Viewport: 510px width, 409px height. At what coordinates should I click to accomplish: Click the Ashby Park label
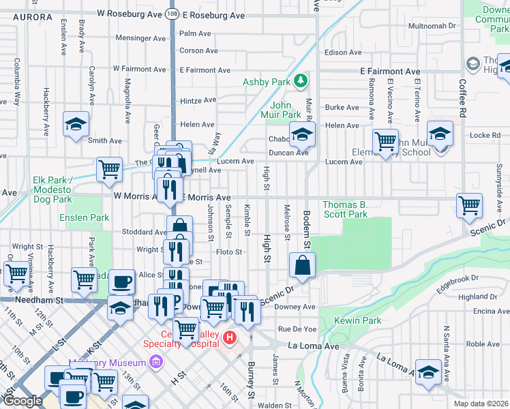[x=266, y=82]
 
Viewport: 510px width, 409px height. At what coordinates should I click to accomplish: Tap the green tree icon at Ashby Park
[x=301, y=82]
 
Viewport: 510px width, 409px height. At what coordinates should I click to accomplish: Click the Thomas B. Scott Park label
[x=345, y=209]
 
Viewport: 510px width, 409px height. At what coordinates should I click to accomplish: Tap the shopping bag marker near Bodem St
[x=301, y=264]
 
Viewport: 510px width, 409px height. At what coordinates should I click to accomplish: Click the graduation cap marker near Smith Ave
[x=76, y=124]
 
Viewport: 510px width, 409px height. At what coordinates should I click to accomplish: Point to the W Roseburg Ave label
[x=130, y=13]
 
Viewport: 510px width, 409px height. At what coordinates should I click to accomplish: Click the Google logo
[x=22, y=400]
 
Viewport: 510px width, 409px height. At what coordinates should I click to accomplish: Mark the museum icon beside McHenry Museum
[x=156, y=361]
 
